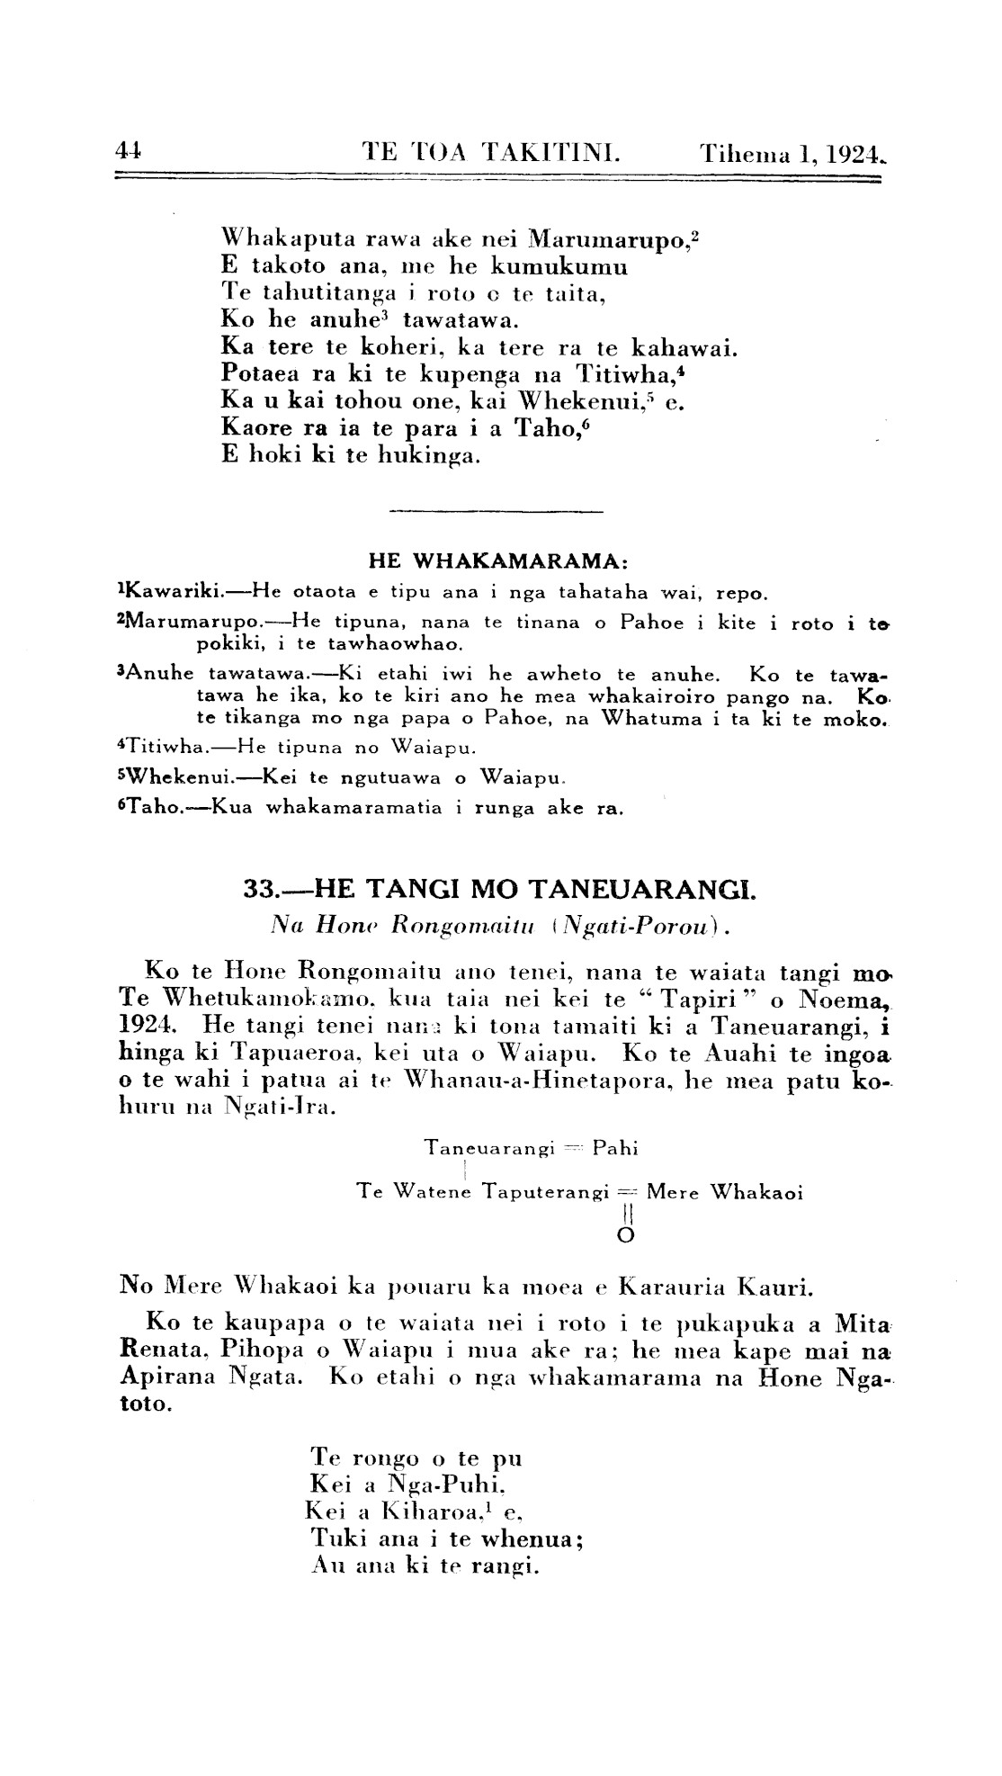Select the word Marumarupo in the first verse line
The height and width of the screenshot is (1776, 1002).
(609, 240)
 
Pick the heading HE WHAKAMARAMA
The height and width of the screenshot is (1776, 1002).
(497, 561)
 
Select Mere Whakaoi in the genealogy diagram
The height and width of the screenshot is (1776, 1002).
(724, 1193)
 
